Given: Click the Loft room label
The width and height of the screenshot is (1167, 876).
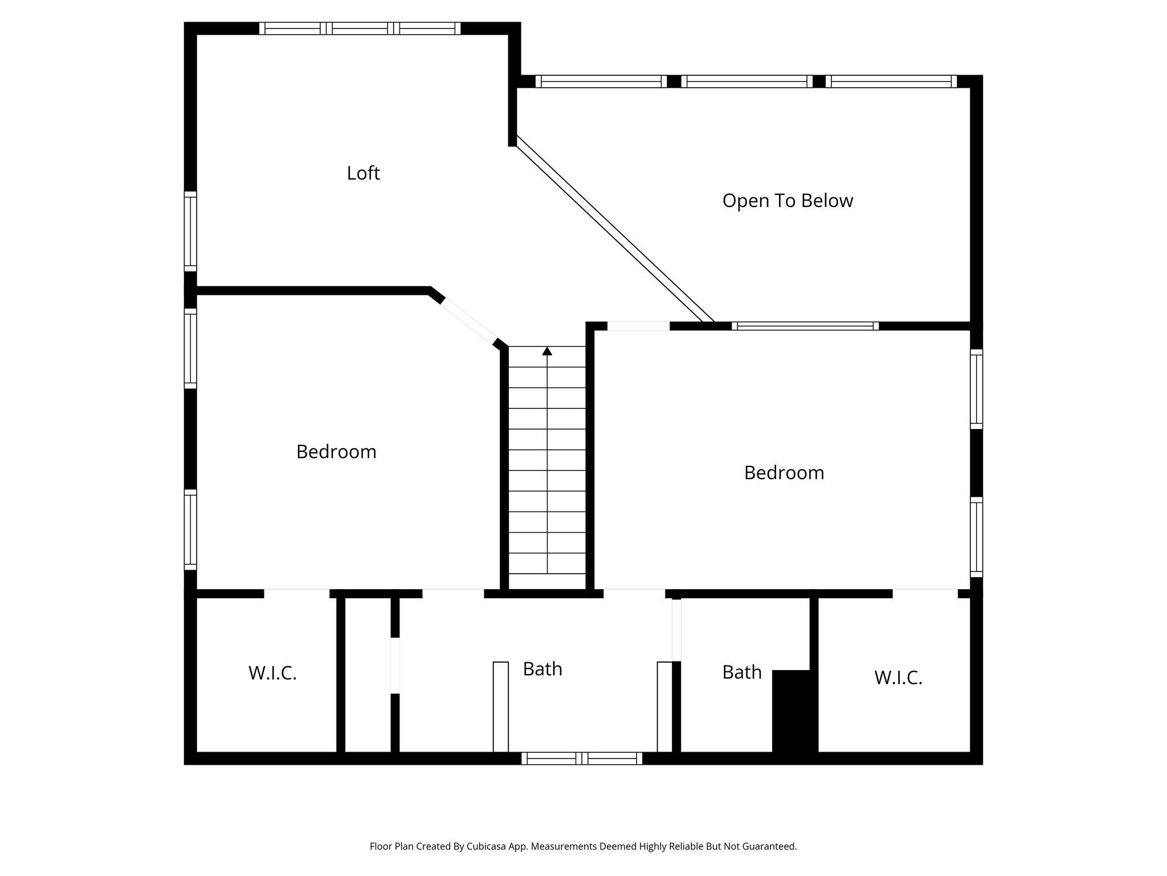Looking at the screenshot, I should pos(363,173).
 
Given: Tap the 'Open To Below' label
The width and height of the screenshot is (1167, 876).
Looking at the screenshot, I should pos(787,201).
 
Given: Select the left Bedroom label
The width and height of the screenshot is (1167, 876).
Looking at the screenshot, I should pos(336,452).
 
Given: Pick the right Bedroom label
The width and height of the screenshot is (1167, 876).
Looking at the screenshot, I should pos(784,473).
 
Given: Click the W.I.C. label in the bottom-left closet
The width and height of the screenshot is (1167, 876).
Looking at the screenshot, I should pos(272,674).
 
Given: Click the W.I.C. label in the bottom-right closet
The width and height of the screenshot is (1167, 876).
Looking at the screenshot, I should pos(898,678).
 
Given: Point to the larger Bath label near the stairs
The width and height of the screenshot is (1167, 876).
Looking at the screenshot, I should pos(542,669).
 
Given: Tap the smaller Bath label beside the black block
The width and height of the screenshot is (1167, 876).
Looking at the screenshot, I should pos(741,672).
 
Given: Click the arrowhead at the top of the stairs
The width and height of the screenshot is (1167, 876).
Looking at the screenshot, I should pos(547,351).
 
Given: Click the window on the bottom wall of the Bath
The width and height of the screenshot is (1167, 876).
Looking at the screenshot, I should pos(581,759).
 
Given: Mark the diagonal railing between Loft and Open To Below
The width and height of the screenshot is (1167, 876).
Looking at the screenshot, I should pos(614,231).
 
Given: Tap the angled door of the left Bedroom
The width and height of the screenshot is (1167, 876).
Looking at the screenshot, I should pos(469,322).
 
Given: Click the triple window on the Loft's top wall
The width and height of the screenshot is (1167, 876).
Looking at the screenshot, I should pos(360,29).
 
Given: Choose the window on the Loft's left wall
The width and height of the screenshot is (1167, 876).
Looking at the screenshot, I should pos(190,231).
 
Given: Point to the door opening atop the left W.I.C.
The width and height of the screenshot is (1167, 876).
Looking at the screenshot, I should pos(296,593).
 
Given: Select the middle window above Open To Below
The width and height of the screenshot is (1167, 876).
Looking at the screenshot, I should pos(746,82).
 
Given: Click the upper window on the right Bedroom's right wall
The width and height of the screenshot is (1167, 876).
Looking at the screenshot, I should pos(976,389).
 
